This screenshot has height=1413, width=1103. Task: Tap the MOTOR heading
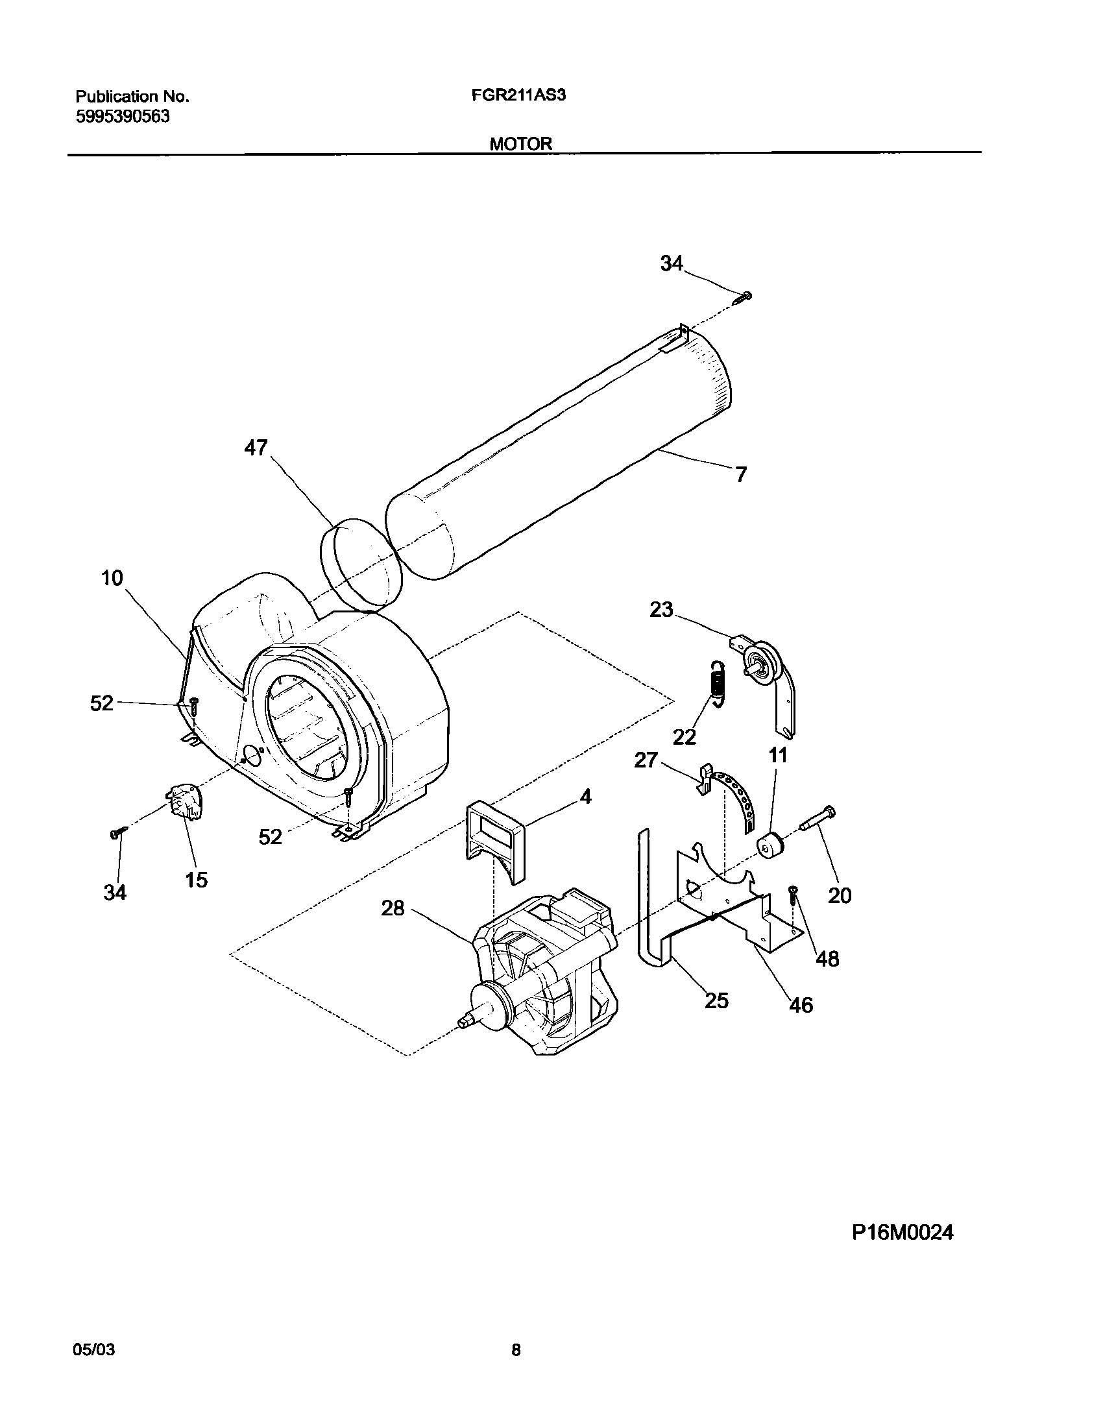tap(520, 143)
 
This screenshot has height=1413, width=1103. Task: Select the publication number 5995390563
tap(123, 117)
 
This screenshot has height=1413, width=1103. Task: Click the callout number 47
tap(256, 448)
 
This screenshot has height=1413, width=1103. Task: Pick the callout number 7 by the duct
tap(740, 474)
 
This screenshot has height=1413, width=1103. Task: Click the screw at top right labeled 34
tap(743, 298)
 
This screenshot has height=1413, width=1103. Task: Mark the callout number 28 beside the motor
tap(393, 908)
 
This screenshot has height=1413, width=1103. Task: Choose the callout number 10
tap(112, 578)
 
